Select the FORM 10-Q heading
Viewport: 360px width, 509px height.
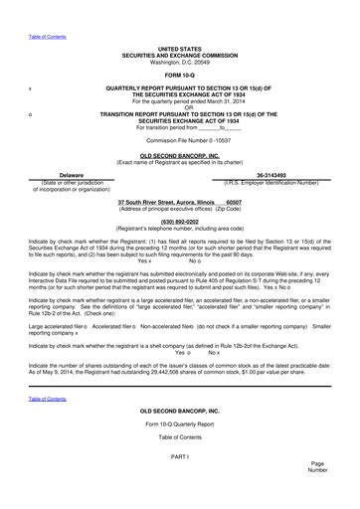[x=180, y=75]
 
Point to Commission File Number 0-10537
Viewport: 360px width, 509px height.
[x=180, y=140]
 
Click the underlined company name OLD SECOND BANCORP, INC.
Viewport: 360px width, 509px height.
[x=180, y=155]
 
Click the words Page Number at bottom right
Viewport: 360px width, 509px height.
[x=317, y=467]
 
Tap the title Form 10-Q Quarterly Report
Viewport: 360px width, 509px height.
[x=180, y=424]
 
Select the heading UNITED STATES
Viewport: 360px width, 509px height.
[x=180, y=48]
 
